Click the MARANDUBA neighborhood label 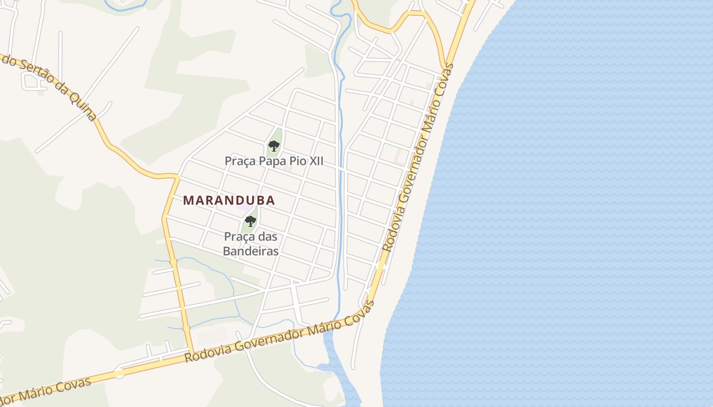[x=229, y=200]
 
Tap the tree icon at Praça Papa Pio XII [x=274, y=147]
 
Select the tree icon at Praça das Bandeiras [x=250, y=221]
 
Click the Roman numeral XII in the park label [x=315, y=161]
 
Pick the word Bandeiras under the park [x=251, y=251]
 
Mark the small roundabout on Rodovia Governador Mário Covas [x=119, y=373]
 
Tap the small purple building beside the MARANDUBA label [x=243, y=208]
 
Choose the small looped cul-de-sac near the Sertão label [x=30, y=80]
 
